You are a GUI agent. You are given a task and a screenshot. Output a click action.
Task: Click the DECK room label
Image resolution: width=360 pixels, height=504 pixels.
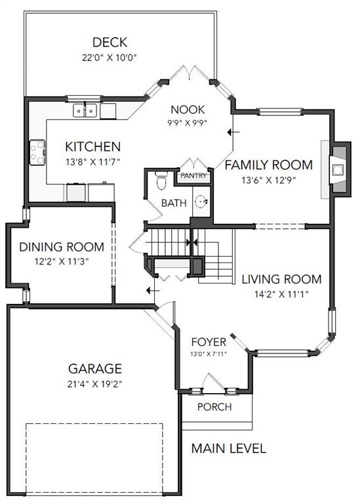click(110, 43)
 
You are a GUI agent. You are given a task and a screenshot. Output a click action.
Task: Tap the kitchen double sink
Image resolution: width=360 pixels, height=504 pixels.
click(85, 110)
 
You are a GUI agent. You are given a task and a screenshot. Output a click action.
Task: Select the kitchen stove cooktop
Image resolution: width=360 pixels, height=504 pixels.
click(37, 153)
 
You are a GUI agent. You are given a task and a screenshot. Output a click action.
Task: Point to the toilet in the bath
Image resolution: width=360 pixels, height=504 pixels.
click(161, 180)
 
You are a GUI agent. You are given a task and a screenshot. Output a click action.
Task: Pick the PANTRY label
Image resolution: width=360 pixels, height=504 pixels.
click(193, 176)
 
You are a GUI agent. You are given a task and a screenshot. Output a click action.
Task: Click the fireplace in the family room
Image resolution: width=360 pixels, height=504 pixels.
click(338, 169)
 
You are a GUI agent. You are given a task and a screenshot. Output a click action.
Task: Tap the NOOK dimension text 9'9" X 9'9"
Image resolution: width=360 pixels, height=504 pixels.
click(188, 123)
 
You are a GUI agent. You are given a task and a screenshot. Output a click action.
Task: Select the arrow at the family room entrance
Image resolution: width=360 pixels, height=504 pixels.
click(233, 132)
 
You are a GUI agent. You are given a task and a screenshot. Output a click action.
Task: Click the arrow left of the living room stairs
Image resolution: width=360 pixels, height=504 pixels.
click(153, 291)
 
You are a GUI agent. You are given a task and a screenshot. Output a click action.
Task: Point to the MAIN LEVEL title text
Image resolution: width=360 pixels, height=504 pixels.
click(229, 448)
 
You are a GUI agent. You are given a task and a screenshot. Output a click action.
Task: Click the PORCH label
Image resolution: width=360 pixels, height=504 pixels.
click(214, 407)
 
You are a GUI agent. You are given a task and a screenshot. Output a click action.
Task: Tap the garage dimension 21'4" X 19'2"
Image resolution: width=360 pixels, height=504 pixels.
click(94, 384)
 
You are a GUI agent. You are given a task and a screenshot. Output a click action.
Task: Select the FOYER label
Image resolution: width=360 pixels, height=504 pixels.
click(209, 342)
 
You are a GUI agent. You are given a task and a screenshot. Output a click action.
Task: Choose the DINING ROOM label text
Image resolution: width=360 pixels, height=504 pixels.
click(62, 247)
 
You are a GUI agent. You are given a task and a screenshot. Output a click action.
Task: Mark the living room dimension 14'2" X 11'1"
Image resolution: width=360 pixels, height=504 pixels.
click(282, 294)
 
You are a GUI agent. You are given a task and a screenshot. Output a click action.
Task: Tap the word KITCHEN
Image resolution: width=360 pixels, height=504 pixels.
click(93, 147)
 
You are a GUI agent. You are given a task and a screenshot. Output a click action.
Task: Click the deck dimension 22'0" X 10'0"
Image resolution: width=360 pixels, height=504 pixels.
click(110, 58)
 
